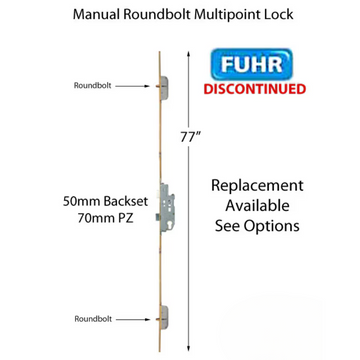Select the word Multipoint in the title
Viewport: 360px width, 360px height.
(x=224, y=17)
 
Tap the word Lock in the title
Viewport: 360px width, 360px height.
(x=280, y=17)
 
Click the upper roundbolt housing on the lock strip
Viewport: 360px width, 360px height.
(x=165, y=87)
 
